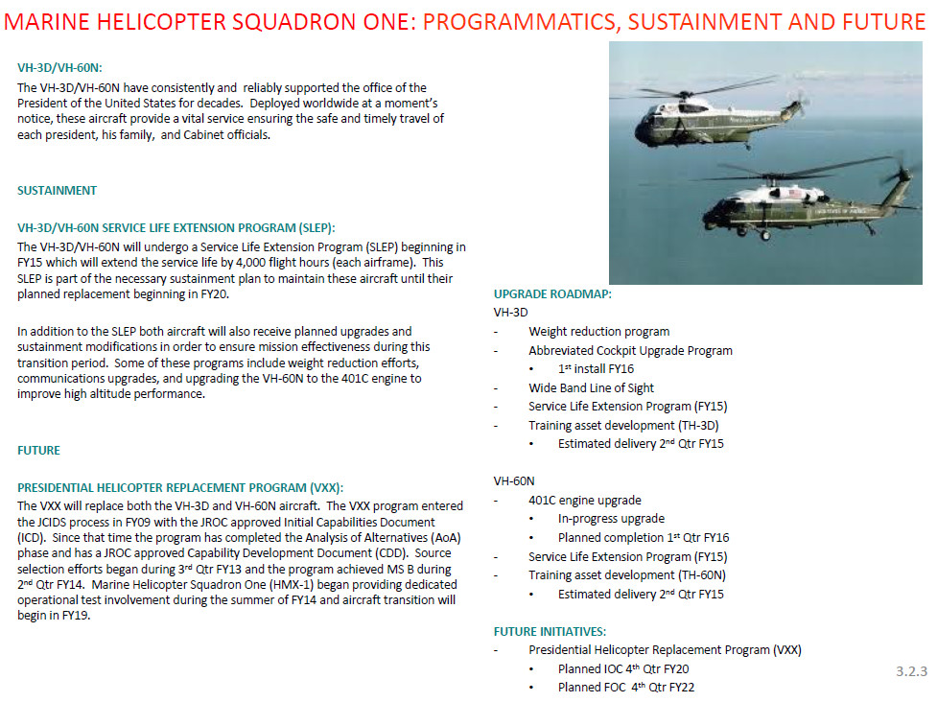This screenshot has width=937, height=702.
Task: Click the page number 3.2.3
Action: (x=911, y=671)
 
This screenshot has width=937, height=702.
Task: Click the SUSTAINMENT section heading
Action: (x=57, y=190)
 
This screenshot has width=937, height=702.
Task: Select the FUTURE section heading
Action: (x=38, y=450)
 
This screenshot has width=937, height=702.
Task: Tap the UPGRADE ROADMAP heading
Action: (x=552, y=293)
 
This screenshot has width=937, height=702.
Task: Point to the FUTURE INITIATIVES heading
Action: (x=550, y=631)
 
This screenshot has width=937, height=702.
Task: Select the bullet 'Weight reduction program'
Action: (x=598, y=331)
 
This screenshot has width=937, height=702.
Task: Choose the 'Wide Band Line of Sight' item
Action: (x=591, y=387)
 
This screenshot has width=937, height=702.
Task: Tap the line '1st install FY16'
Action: (x=596, y=368)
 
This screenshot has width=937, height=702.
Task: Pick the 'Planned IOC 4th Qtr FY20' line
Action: (x=623, y=668)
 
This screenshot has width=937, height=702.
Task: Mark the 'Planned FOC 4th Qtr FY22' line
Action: (x=625, y=688)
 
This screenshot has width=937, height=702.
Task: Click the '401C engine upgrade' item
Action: (x=584, y=500)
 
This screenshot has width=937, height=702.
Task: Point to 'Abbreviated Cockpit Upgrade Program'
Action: (x=630, y=350)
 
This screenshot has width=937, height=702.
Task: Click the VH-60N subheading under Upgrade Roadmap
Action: (x=514, y=480)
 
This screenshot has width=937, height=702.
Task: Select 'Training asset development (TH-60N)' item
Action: (x=627, y=574)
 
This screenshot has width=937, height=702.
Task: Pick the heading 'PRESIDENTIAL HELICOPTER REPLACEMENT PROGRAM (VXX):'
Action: (x=179, y=487)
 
